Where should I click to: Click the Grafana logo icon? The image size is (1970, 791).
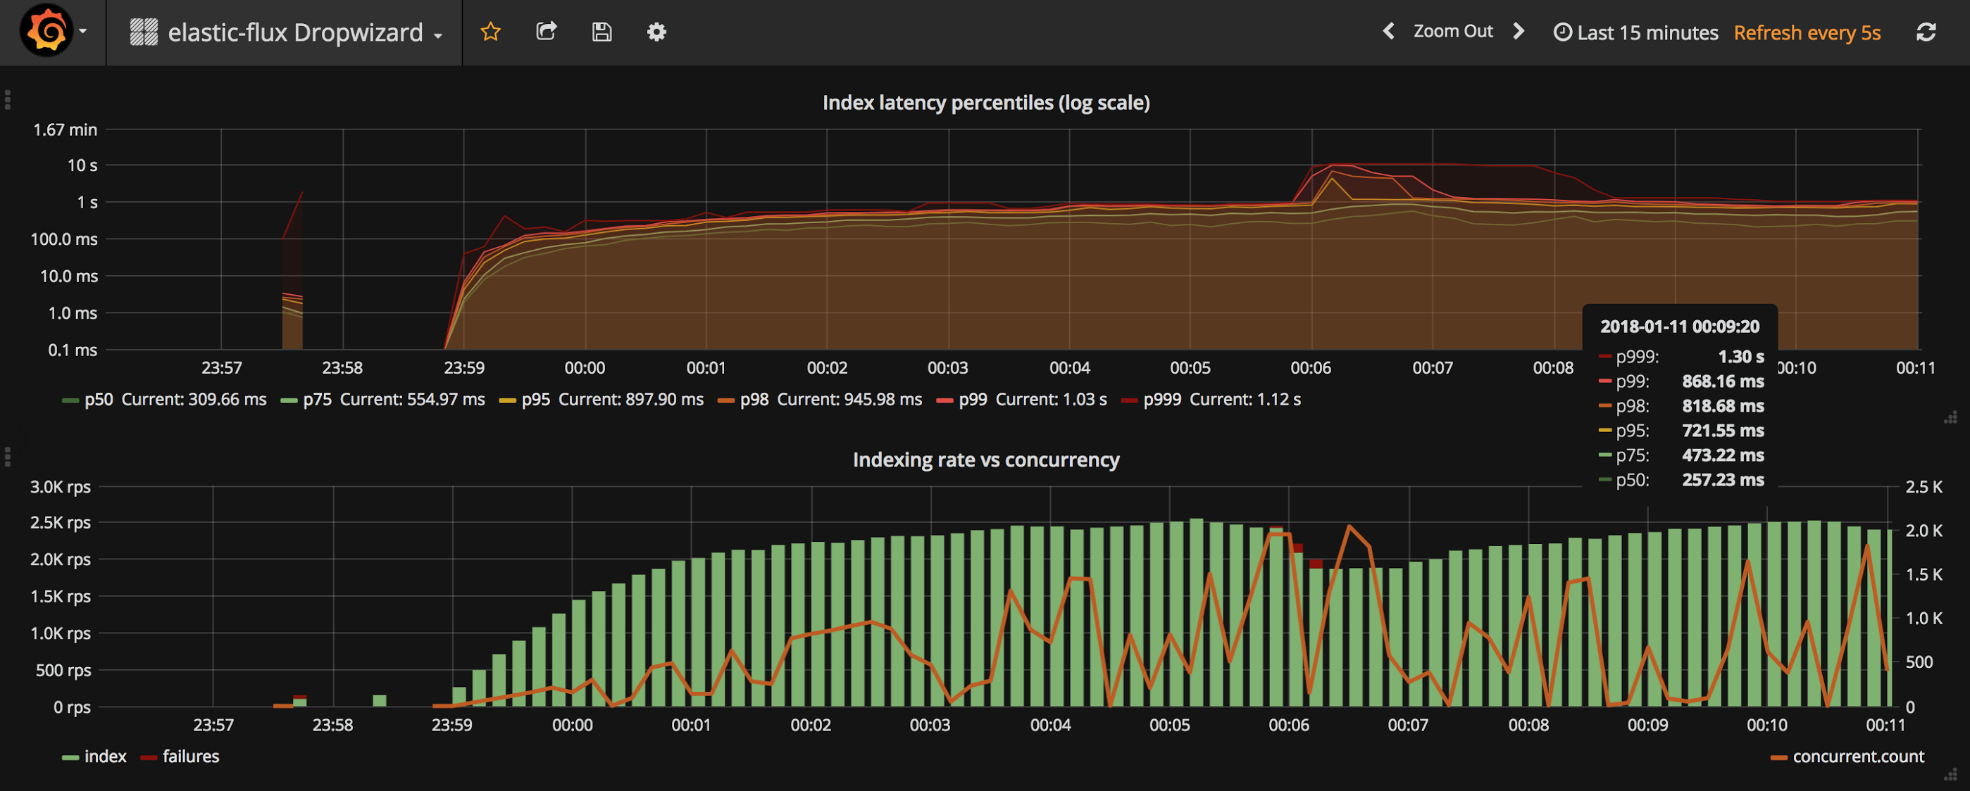46,32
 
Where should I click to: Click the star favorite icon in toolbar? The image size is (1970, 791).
490,32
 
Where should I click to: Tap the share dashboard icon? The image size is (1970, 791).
546,32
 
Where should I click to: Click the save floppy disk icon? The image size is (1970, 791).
602,32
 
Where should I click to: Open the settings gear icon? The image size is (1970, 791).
657,32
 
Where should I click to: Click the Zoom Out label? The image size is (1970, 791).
1453,32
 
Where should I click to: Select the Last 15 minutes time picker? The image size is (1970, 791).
1636,32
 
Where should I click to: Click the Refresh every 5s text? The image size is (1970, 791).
1807,33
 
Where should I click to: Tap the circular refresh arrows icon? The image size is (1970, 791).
1926,32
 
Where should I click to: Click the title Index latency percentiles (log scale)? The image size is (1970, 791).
986,103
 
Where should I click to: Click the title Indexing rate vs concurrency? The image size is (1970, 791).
986,460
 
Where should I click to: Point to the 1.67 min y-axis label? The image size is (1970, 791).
65,130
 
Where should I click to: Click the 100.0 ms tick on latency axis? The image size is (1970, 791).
64,239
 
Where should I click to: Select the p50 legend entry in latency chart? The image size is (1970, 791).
164,400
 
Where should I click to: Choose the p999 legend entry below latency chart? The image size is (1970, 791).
1211,400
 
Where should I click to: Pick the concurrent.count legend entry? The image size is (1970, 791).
1847,757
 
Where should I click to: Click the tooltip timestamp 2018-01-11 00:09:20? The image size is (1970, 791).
1680,327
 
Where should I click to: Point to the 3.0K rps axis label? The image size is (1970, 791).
61,487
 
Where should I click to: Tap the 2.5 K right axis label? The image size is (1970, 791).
1924,487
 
